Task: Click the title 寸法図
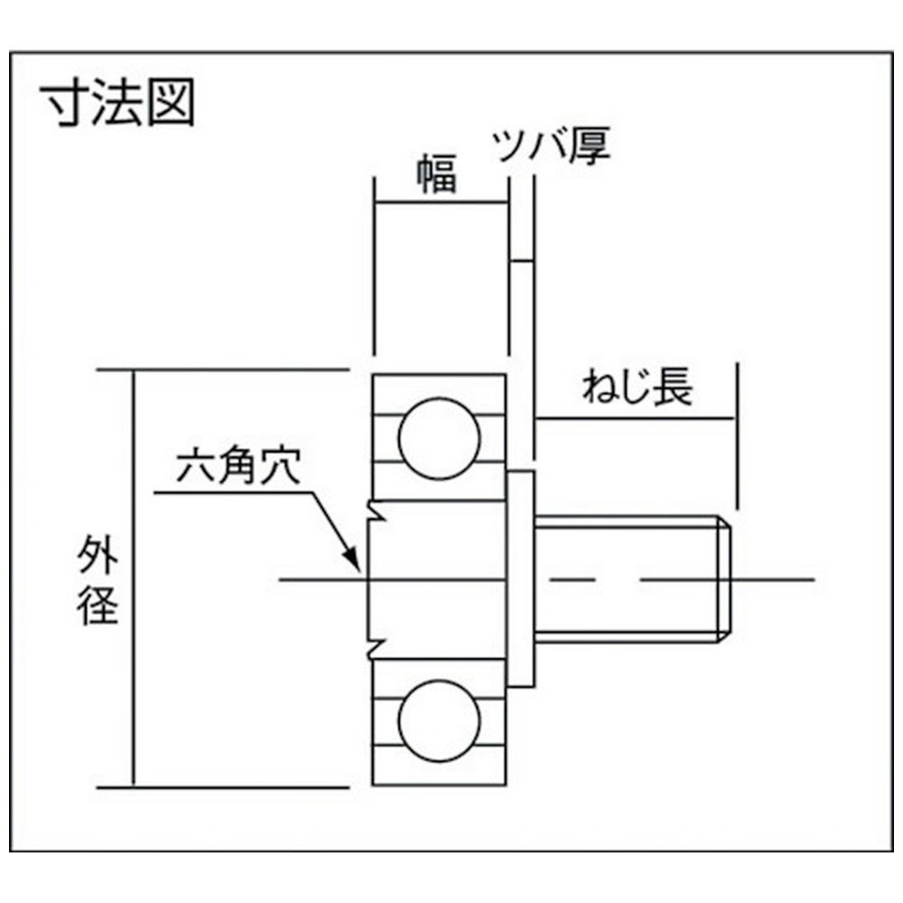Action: tap(118, 103)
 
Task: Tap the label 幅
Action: tap(437, 172)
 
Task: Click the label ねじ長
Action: tap(637, 386)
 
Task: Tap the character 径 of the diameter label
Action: tap(98, 605)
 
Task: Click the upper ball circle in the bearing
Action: tap(439, 438)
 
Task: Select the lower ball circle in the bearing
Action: tap(439, 721)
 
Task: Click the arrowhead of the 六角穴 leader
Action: tap(351, 561)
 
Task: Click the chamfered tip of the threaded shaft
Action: tap(724, 580)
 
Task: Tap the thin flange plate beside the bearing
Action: tap(521, 579)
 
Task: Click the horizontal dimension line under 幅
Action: tap(442, 202)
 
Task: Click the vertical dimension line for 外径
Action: tap(135, 578)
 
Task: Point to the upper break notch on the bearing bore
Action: tap(376, 512)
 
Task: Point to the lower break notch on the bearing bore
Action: tap(376, 647)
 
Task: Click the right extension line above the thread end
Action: tap(737, 436)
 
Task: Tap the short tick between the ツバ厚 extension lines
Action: tap(522, 262)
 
